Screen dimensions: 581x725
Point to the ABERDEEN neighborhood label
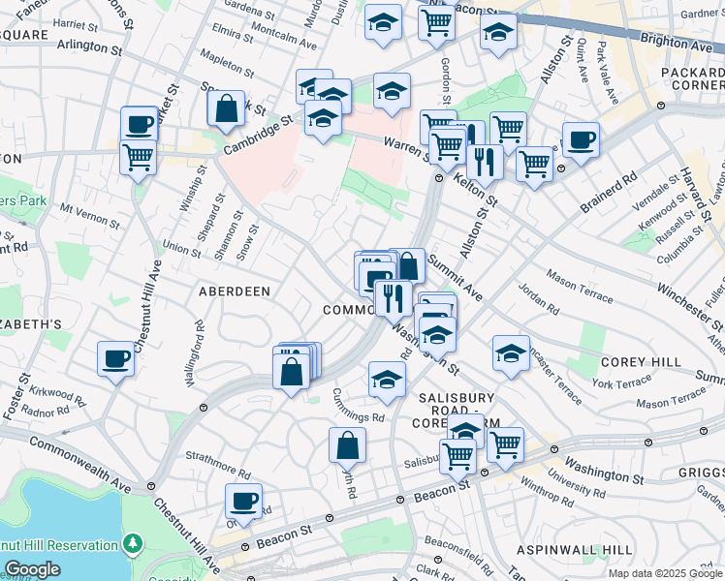(x=234, y=290)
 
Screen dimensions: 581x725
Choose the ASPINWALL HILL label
(x=574, y=549)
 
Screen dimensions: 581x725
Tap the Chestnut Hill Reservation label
(x=59, y=545)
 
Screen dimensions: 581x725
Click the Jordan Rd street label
(x=539, y=303)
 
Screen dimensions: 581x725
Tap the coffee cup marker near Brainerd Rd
(x=581, y=140)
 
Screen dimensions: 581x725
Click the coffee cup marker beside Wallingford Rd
(x=115, y=359)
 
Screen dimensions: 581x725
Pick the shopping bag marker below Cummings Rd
(x=347, y=445)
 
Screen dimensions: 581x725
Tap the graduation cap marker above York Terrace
(x=511, y=353)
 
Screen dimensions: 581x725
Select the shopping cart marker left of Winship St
(x=139, y=156)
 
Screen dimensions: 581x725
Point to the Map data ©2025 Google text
(x=664, y=573)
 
